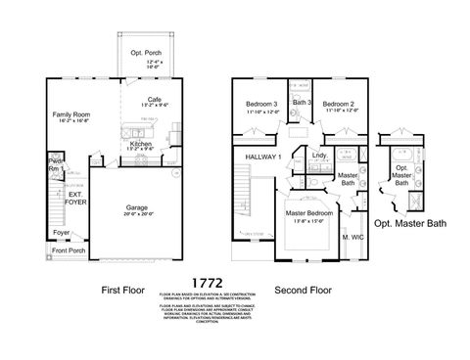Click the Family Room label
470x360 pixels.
[x=70, y=114]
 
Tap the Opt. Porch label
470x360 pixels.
[x=143, y=52]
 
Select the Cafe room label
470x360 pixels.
[x=154, y=99]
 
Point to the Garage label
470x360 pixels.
[x=136, y=207]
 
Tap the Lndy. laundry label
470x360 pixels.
[x=319, y=155]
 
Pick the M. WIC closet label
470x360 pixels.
[x=351, y=238]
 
